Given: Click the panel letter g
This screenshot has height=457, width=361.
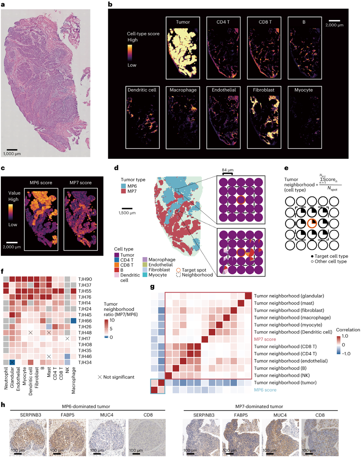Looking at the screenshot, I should pos(152,287).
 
